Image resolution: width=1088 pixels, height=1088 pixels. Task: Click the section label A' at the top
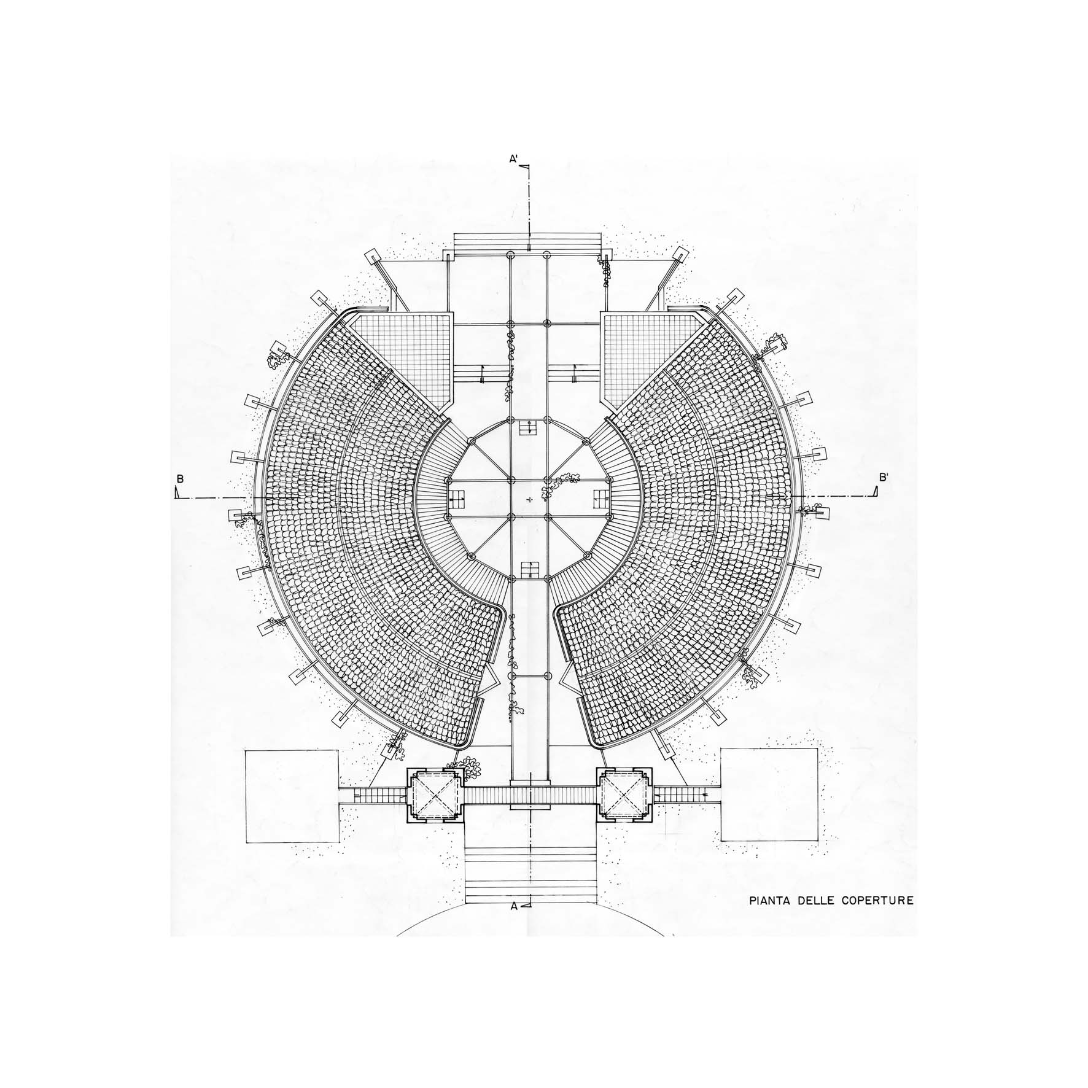pyautogui.click(x=514, y=159)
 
